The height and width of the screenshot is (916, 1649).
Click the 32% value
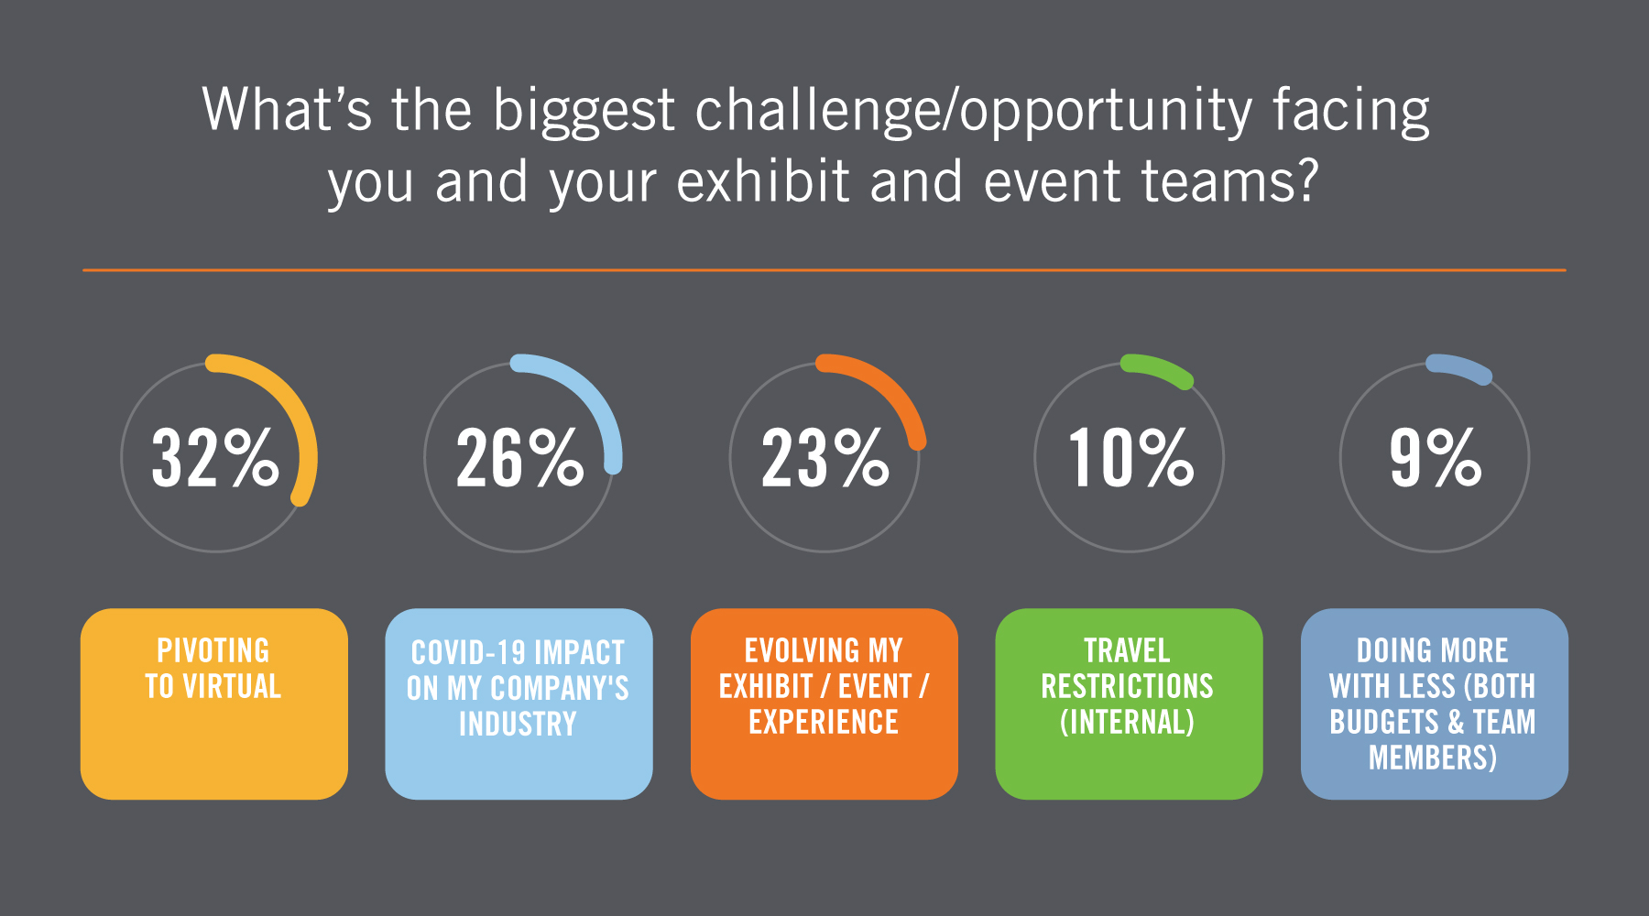[215, 457]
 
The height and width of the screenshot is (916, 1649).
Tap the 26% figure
[520, 457]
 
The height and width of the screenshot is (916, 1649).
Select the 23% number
[825, 457]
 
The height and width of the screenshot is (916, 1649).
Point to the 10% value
[1130, 457]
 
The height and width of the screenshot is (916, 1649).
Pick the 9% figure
[1436, 457]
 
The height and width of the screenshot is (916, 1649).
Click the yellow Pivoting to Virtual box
[214, 703]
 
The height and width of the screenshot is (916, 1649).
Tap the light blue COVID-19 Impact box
[519, 703]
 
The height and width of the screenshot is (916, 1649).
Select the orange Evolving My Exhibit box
[824, 703]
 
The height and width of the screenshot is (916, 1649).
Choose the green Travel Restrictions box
[1129, 703]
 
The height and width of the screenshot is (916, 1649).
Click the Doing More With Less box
[1435, 703]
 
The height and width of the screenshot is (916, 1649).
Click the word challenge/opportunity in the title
[973, 111]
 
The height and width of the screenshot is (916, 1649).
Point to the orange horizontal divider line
[824, 270]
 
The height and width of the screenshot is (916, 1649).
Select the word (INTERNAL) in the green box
[1128, 722]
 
